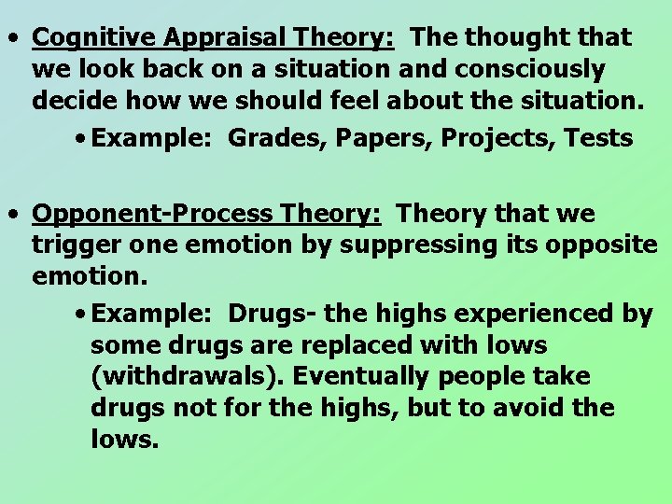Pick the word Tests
coord(602,139)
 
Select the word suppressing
coord(432,246)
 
